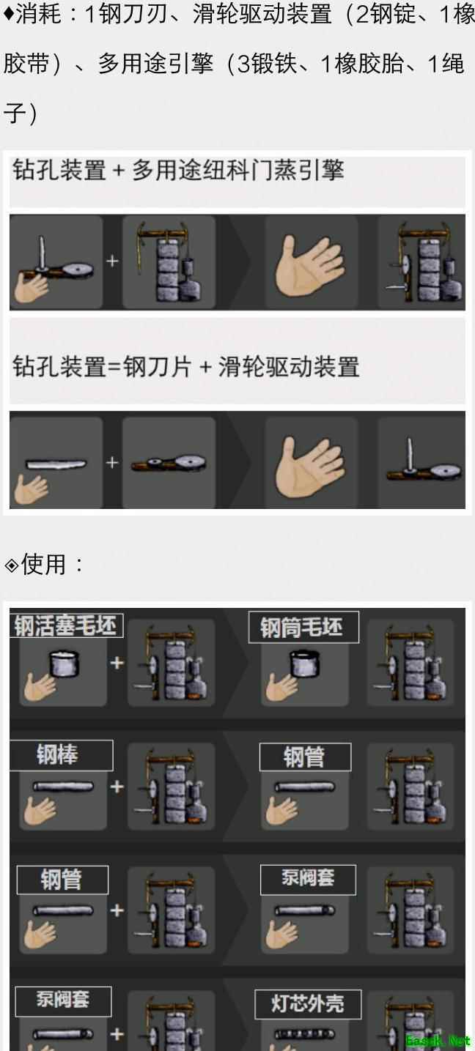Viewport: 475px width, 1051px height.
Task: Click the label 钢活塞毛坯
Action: pyautogui.click(x=66, y=625)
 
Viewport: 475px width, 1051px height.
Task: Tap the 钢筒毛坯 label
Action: pyautogui.click(x=303, y=628)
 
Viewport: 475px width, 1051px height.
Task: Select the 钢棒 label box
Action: pyautogui.click(x=62, y=755)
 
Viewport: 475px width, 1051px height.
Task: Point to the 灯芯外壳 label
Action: pyautogui.click(x=308, y=1004)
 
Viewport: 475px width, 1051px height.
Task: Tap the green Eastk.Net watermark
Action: pyautogui.click(x=438, y=1041)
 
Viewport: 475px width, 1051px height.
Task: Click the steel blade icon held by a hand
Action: pyautogui.click(x=56, y=464)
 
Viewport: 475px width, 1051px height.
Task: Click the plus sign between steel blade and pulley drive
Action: pyautogui.click(x=112, y=463)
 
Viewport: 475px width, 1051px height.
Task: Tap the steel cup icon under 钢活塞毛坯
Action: pyautogui.click(x=64, y=663)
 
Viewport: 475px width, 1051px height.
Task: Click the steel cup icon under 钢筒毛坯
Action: pyautogui.click(x=305, y=663)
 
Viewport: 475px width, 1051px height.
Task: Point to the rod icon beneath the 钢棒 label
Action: pyautogui.click(x=63, y=786)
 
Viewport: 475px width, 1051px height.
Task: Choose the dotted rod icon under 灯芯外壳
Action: pyautogui.click(x=305, y=1033)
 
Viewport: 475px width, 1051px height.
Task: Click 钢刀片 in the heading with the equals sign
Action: pyautogui.click(x=158, y=367)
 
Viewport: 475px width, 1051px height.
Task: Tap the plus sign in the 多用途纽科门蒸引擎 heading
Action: pyautogui.click(x=119, y=171)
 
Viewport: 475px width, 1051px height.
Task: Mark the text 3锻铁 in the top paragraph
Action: pyautogui.click(x=266, y=64)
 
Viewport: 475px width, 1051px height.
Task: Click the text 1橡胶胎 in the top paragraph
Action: pyautogui.click(x=362, y=64)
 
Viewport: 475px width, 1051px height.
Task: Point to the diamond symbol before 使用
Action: pyautogui.click(x=11, y=565)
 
